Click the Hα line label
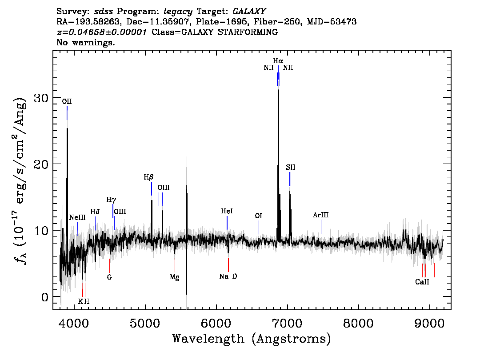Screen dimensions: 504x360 click(278, 61)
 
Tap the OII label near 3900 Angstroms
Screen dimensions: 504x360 click(67, 102)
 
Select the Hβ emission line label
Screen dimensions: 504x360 click(148, 177)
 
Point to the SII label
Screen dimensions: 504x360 click(291, 167)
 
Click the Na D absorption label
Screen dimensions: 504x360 click(228, 276)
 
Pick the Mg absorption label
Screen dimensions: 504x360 click(175, 277)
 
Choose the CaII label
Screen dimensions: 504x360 click(422, 282)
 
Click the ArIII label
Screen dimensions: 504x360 click(321, 215)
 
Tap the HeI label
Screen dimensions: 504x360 click(227, 211)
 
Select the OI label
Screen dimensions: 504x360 click(258, 216)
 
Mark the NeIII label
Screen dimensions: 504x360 click(77, 218)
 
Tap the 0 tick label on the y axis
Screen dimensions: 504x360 click(45, 297)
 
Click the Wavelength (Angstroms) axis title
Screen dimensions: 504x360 click(252, 339)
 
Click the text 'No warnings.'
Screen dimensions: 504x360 click(85, 42)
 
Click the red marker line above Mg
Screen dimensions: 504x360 click(175, 265)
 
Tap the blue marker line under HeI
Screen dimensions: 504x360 click(227, 223)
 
